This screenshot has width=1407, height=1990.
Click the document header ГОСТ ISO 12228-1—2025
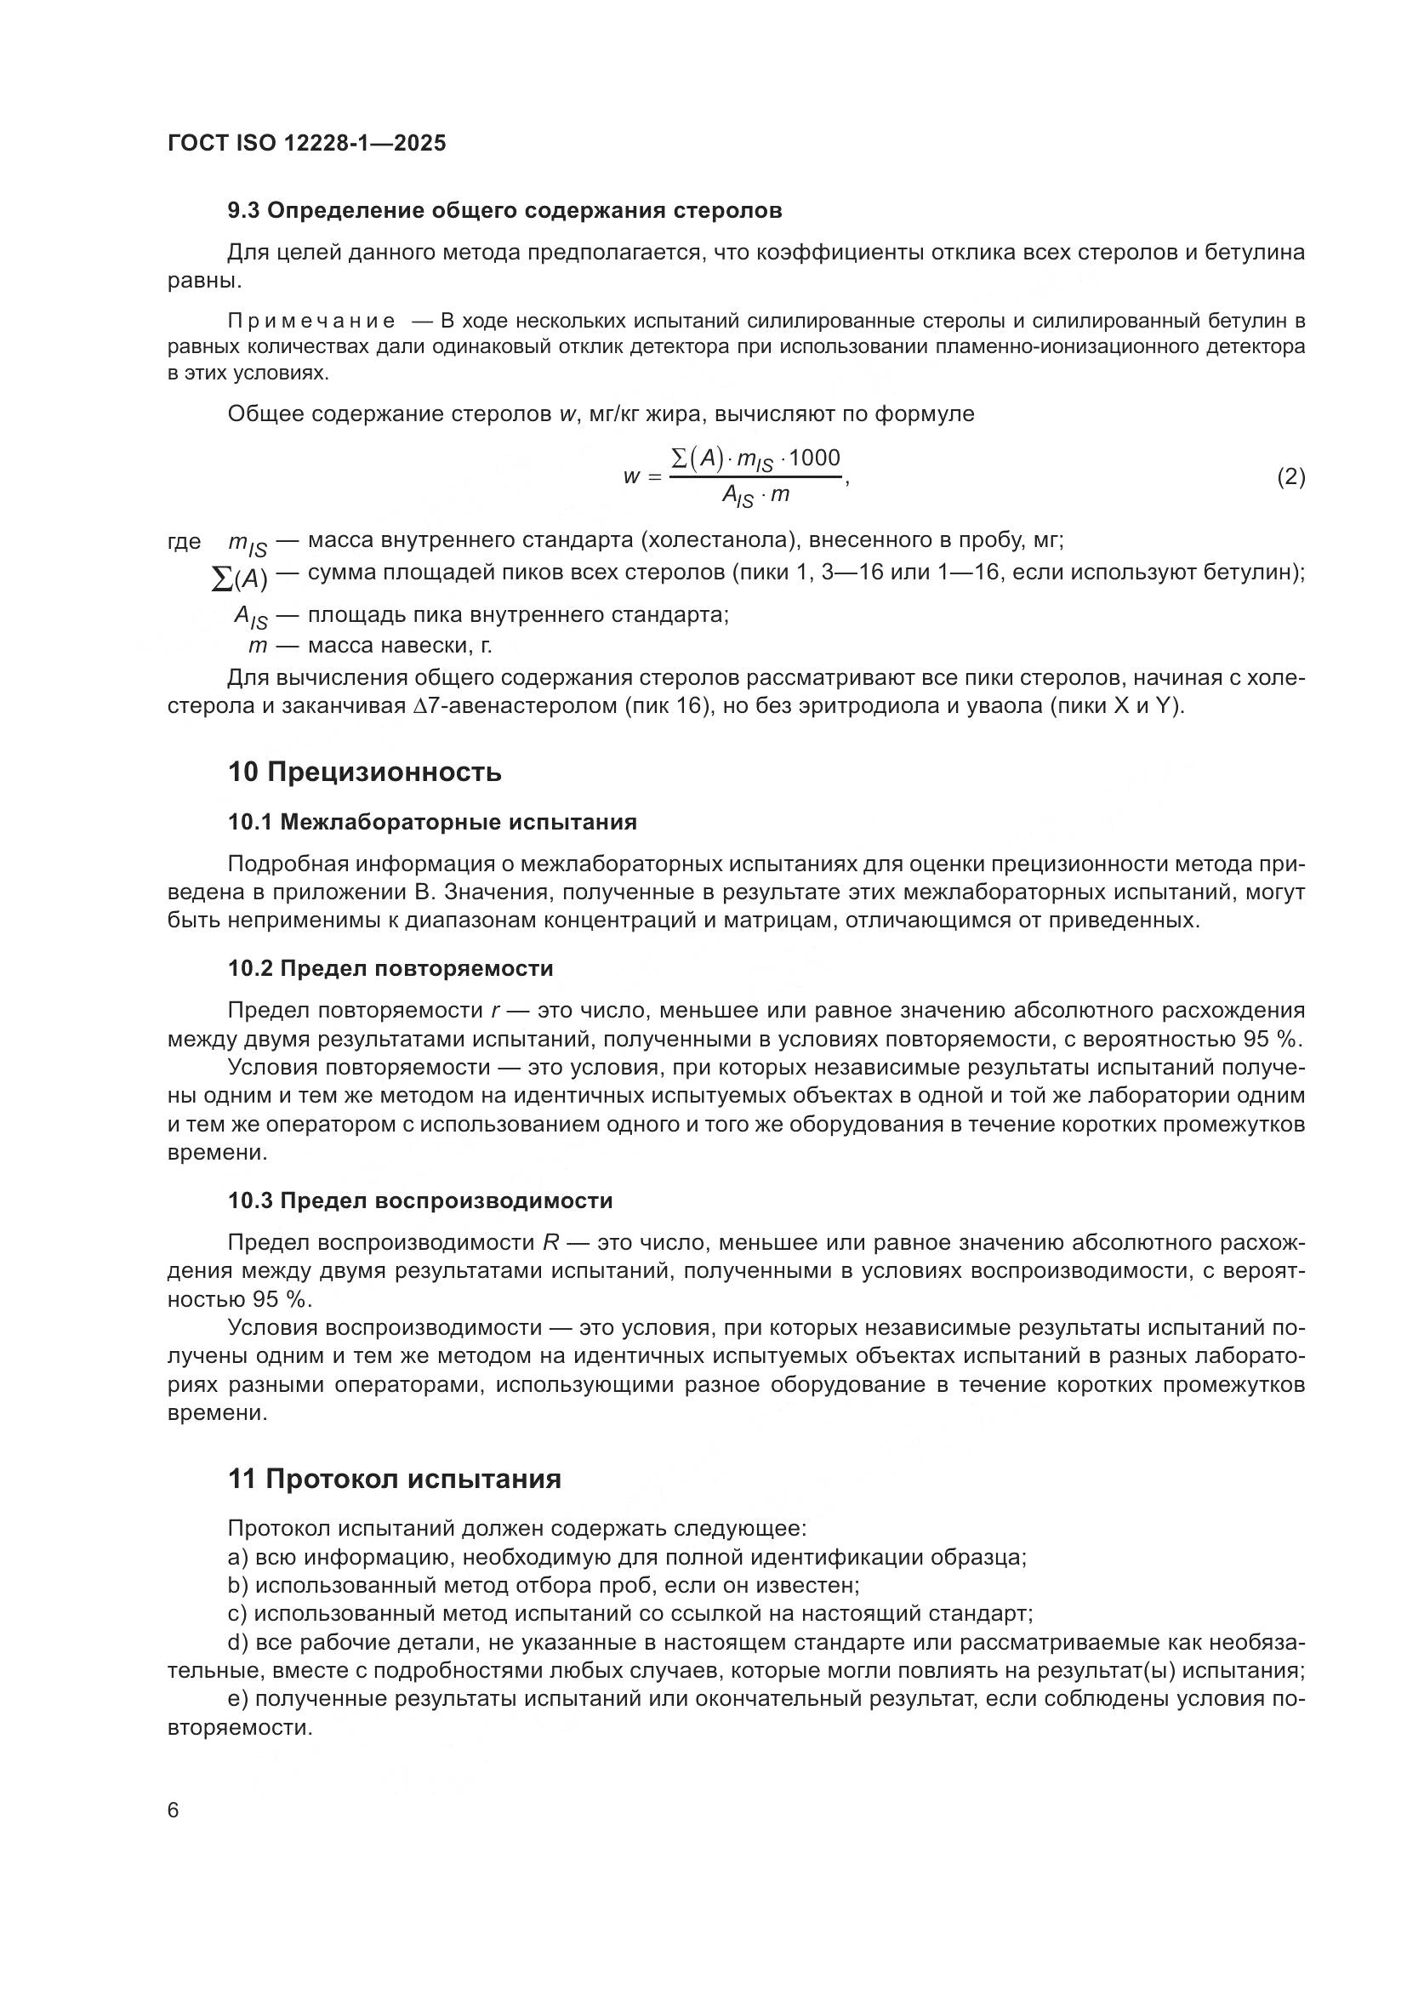point(307,143)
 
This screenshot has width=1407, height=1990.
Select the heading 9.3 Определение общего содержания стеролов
point(504,211)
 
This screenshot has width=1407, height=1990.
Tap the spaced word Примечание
point(311,322)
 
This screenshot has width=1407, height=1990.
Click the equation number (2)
point(1291,476)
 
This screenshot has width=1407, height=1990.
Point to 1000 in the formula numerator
point(814,458)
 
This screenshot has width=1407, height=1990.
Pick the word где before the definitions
point(184,542)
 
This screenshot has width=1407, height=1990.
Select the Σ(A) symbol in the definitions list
point(240,578)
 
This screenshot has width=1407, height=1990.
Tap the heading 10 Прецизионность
point(364,773)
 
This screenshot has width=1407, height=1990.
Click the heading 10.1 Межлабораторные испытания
point(431,823)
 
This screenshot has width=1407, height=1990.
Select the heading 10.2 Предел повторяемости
point(390,968)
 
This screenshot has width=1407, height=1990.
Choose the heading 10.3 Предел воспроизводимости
point(419,1201)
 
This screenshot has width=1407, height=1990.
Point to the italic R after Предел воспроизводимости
point(550,1243)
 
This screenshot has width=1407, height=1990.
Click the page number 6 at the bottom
point(174,1810)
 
